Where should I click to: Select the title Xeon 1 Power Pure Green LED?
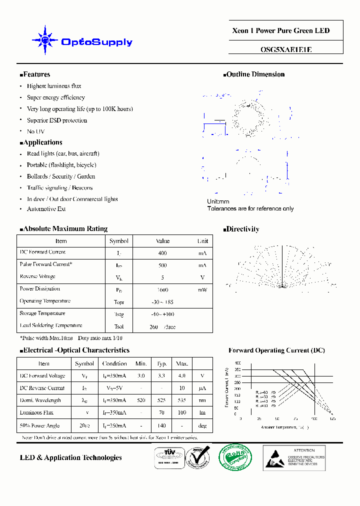click(281, 30)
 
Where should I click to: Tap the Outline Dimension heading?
click(255, 74)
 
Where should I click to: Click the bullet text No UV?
click(35, 131)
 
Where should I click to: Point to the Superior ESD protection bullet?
click(56, 120)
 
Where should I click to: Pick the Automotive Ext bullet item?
click(46, 209)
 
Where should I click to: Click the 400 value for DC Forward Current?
click(162, 253)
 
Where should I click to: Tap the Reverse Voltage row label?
click(37, 276)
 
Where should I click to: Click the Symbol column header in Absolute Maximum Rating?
click(119, 241)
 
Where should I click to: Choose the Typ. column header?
click(162, 363)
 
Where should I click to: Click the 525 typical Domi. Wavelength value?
click(162, 400)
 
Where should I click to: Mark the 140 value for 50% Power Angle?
click(162, 425)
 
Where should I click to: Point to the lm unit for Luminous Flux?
click(202, 413)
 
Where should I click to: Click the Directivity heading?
click(242, 229)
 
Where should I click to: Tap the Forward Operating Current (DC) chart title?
click(276, 350)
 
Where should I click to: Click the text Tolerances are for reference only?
click(250, 208)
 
